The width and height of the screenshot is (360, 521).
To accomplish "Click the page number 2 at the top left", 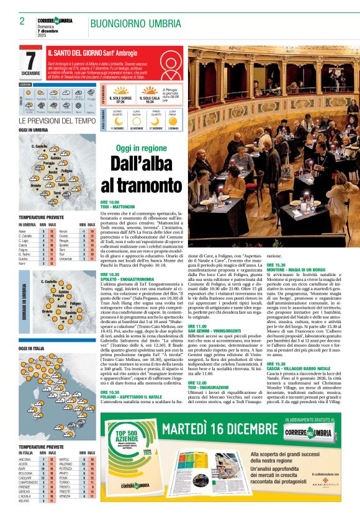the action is (22, 22).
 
